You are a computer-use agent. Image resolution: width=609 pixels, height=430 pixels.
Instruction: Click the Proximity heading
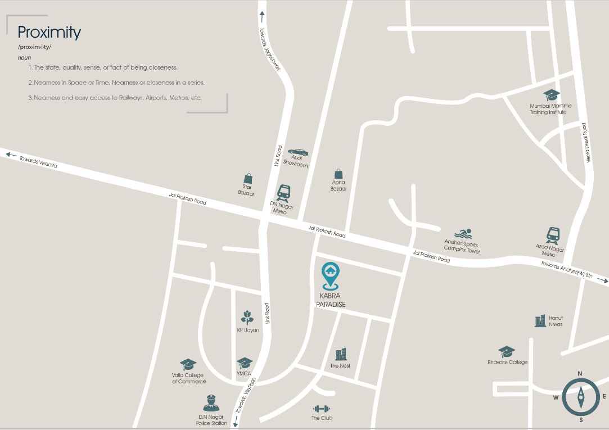(49, 32)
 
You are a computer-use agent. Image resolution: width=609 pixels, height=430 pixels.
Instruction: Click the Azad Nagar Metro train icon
(552, 236)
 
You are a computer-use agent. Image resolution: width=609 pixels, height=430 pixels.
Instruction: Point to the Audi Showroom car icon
(297, 152)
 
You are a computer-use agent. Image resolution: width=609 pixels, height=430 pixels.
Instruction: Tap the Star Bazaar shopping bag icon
(247, 178)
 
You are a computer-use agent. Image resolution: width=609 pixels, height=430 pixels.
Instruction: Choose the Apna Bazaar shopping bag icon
(339, 173)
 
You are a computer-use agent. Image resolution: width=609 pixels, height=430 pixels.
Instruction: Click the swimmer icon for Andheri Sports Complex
(463, 234)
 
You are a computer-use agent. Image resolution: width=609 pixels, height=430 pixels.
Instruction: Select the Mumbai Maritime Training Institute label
(550, 109)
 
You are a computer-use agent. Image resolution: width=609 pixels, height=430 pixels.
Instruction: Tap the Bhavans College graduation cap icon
(507, 352)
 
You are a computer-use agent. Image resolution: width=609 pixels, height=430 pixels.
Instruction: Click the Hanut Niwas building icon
(540, 320)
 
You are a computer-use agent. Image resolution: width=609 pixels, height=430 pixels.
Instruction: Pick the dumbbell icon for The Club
(322, 409)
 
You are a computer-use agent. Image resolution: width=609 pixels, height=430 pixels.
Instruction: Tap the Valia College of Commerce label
(188, 378)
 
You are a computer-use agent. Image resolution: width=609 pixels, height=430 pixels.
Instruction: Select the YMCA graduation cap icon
(244, 363)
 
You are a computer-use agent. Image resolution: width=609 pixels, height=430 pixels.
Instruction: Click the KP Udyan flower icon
(247, 318)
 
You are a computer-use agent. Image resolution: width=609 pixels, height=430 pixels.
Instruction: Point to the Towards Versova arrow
(10, 153)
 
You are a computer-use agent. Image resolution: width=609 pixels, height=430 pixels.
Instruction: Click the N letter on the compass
(580, 374)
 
